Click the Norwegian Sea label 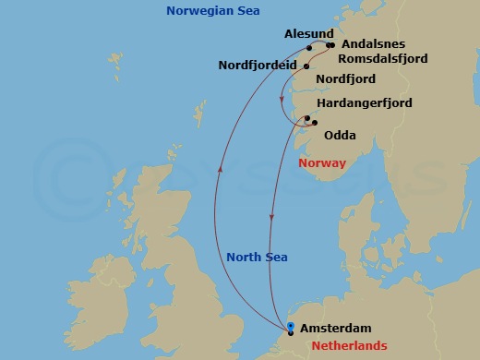point(212,11)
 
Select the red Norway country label point(322,163)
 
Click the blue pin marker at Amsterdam point(291,327)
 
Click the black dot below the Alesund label point(309,47)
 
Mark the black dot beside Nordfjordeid point(306,67)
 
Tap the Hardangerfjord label point(364,102)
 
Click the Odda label point(340,135)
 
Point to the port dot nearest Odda point(315,123)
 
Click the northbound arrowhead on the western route point(220,168)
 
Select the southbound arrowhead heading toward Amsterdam point(270,219)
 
